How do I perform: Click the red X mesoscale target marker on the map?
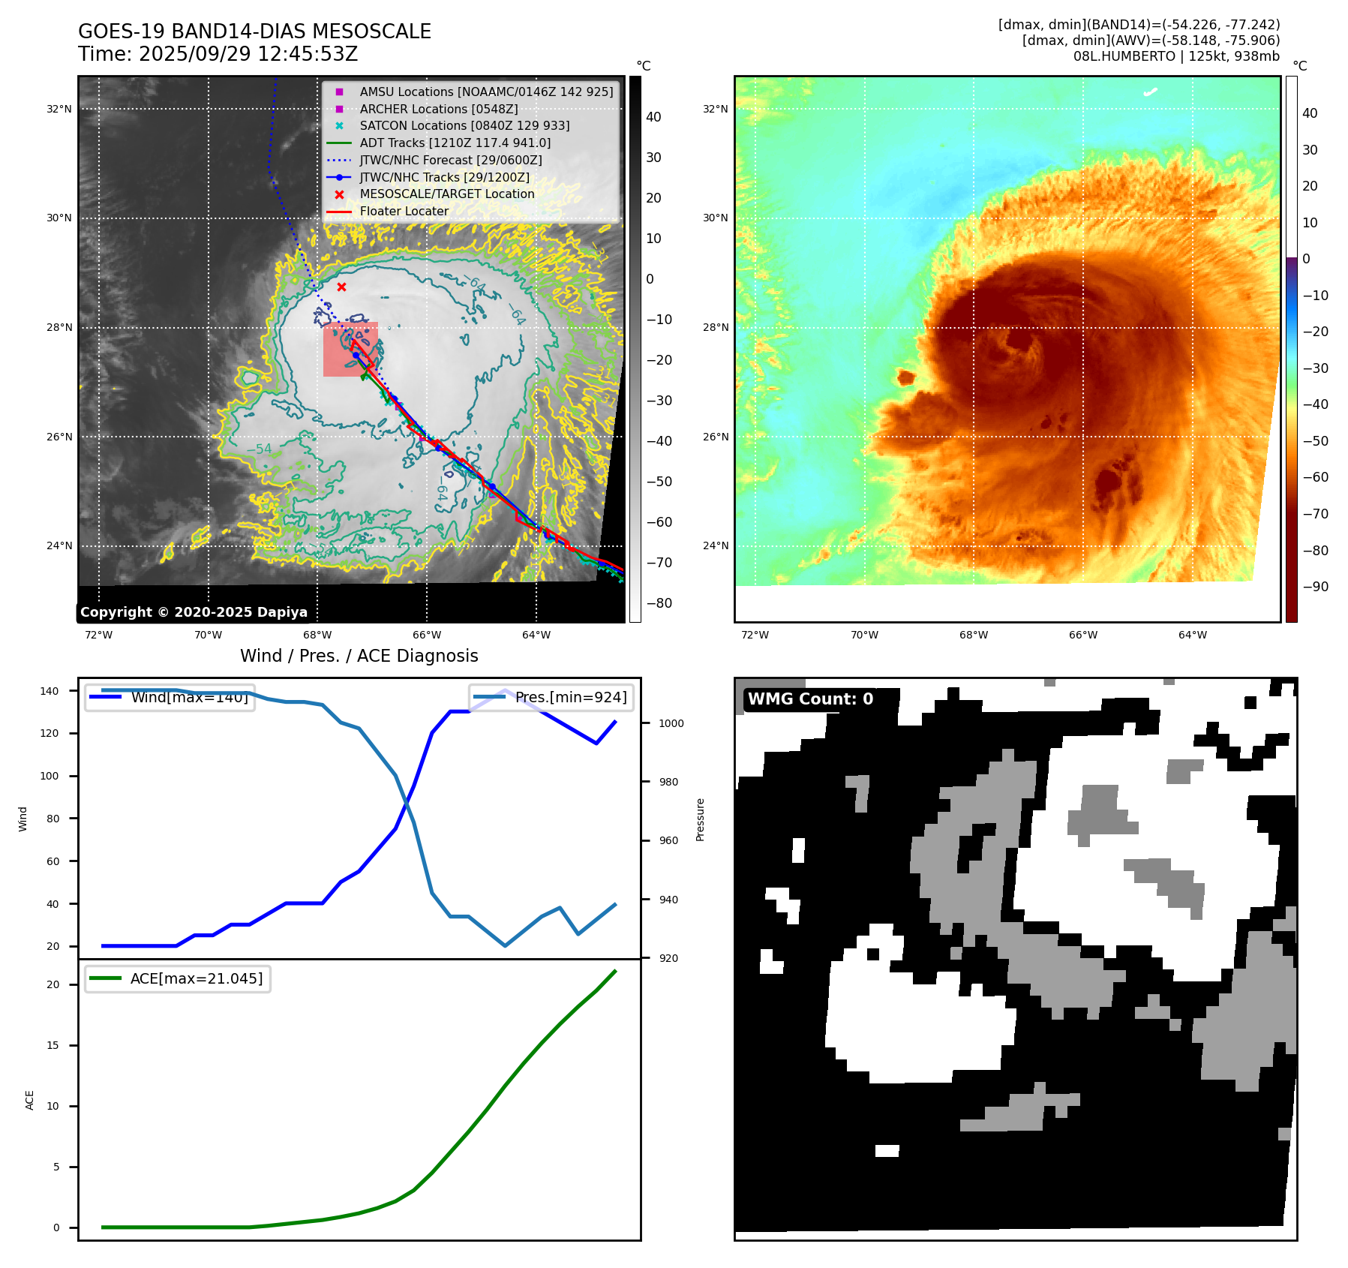341,287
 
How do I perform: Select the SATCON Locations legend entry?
464,126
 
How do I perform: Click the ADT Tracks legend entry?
455,143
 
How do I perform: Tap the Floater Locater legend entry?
404,211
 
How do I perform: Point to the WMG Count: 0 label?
810,699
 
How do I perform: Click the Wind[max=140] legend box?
170,697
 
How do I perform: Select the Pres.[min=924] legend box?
551,697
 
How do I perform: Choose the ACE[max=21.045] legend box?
178,978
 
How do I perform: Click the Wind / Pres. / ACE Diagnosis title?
359,656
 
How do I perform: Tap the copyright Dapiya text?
194,612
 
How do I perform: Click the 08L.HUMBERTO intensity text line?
1175,56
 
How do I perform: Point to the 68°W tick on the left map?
317,635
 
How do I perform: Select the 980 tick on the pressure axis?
668,782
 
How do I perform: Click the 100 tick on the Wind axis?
50,776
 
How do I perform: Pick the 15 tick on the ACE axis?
53,1045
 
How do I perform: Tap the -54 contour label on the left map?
259,449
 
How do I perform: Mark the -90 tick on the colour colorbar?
1315,587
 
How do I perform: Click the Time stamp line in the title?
218,54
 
